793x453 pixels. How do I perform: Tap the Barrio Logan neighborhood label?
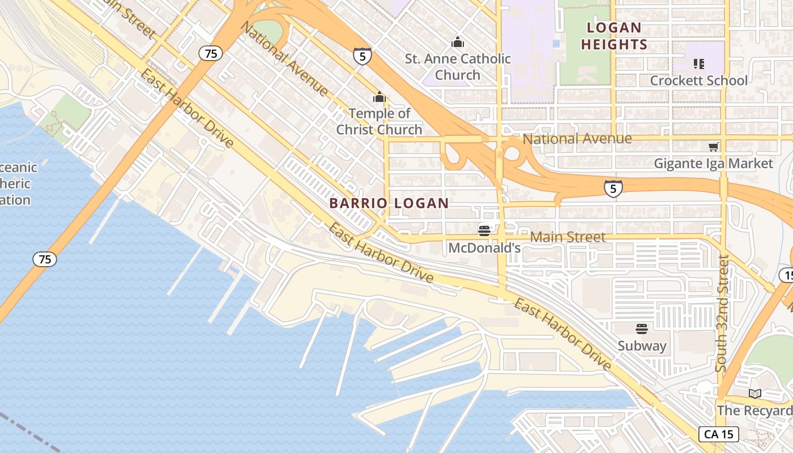389,203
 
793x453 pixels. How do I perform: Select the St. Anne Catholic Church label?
458,66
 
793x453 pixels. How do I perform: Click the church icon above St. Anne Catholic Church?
458,42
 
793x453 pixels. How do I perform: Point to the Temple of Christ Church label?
380,121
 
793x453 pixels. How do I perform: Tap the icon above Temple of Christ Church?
380,97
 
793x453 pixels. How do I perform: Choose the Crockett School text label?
698,80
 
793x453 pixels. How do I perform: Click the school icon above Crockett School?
698,64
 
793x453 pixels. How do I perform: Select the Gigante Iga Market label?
713,164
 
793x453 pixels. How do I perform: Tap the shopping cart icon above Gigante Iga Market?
713,147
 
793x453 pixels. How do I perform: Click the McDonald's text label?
484,247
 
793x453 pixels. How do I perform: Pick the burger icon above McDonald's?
484,230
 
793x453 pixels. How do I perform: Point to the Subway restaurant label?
642,346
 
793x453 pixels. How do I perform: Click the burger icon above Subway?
642,329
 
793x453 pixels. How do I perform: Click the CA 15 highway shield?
719,434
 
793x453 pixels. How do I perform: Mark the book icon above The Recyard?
754,394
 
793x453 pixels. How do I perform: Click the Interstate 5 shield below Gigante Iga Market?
613,189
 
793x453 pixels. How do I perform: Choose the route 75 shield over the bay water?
44,259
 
